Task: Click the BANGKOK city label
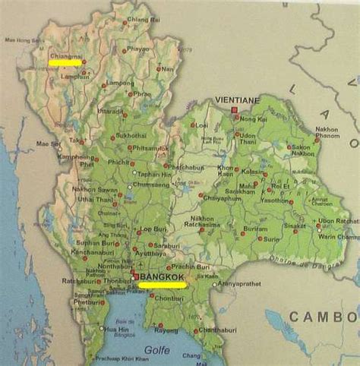pyautogui.click(x=162, y=279)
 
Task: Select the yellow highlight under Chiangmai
pyautogui.click(x=65, y=64)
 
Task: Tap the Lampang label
pyautogui.click(x=119, y=84)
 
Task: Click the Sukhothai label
pyautogui.click(x=126, y=136)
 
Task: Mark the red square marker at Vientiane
pyautogui.click(x=234, y=111)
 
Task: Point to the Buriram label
pyautogui.click(x=255, y=227)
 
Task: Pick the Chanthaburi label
pyautogui.click(x=214, y=330)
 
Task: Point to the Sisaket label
pyautogui.click(x=295, y=226)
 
